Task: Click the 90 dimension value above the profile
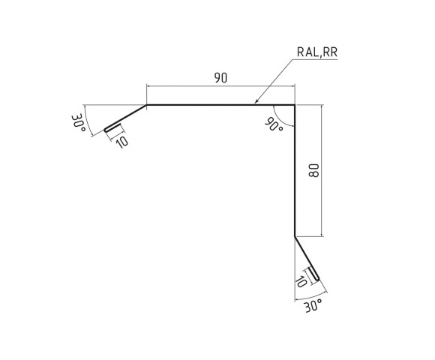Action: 220,78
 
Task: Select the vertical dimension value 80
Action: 313,170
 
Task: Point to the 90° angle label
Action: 274,125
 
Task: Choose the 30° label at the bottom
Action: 313,306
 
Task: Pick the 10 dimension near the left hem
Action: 121,140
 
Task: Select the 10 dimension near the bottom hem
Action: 301,281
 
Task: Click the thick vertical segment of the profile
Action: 294,172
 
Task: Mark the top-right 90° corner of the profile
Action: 294,106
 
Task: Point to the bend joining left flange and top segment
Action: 146,106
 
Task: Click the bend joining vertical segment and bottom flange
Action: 294,235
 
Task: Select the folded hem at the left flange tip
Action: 106,129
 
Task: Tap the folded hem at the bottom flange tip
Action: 319,281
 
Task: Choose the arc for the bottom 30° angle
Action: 307,297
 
